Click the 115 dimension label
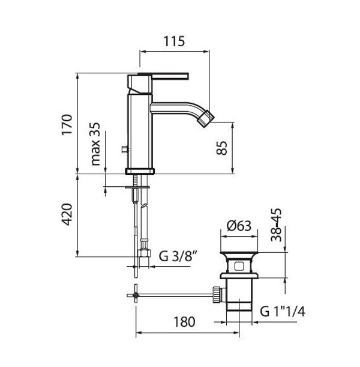click(174, 41)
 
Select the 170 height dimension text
click(67, 124)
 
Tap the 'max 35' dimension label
click(95, 144)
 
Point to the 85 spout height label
click(221, 148)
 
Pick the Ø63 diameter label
click(239, 226)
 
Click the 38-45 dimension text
click(276, 225)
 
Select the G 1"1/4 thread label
click(283, 312)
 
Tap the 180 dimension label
click(184, 322)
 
